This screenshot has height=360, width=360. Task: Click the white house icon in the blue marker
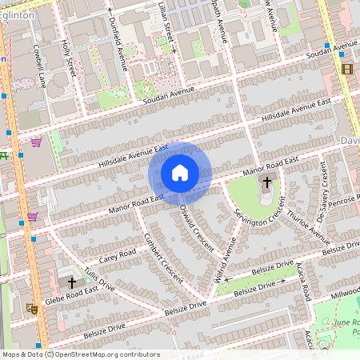[180, 173]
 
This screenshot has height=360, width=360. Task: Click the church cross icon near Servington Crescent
[266, 183]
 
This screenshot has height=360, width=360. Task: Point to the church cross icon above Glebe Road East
[71, 282]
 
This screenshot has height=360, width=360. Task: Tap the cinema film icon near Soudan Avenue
[346, 69]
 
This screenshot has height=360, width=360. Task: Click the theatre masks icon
[33, 307]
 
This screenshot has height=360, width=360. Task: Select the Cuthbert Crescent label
[161, 255]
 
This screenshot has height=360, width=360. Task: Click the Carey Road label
[98, 256]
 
